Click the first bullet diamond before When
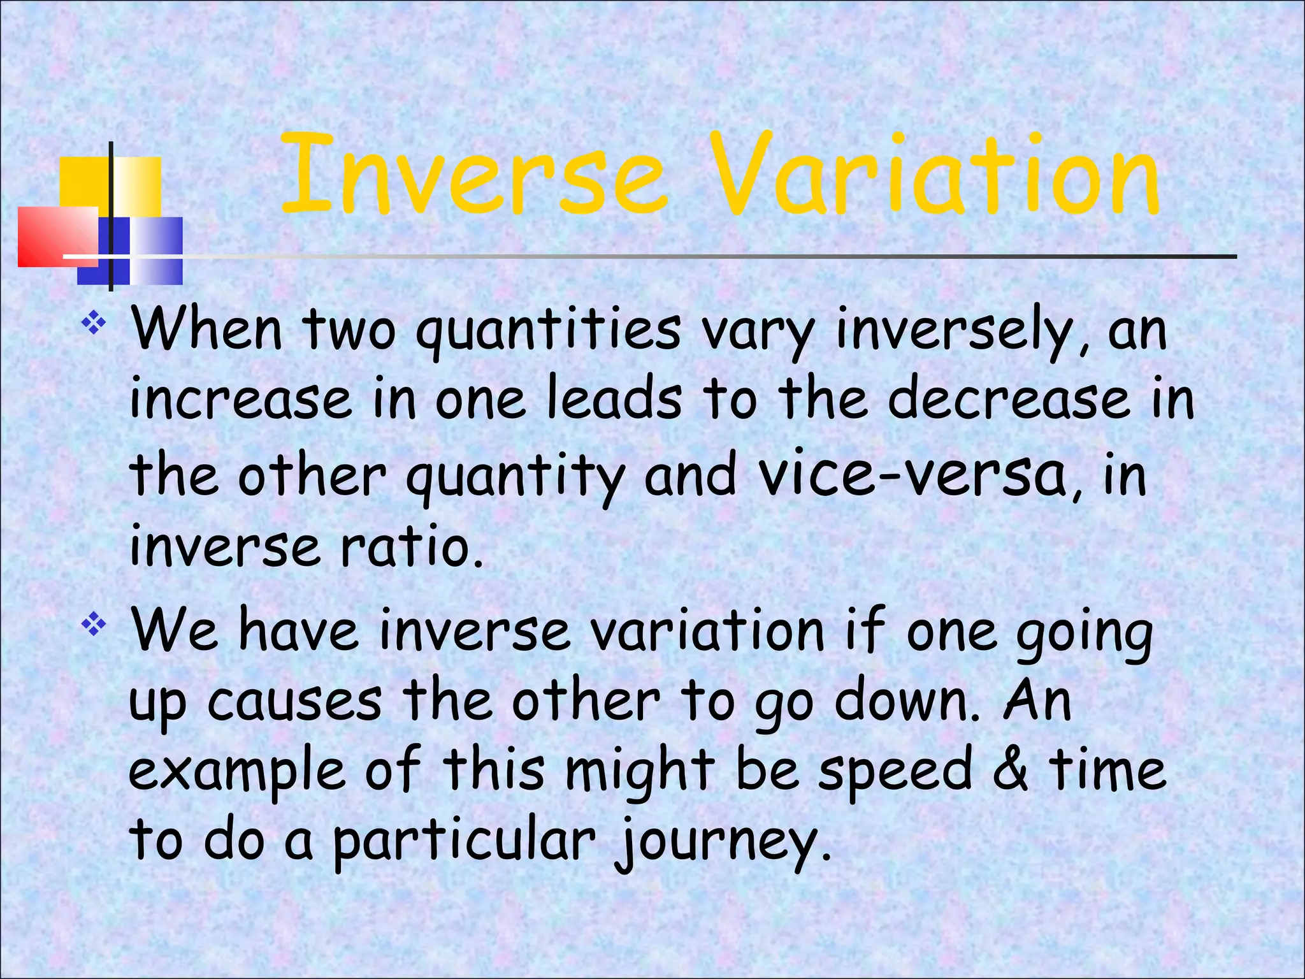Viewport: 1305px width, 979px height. [x=94, y=324]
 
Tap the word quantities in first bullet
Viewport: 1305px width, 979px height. [x=548, y=331]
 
